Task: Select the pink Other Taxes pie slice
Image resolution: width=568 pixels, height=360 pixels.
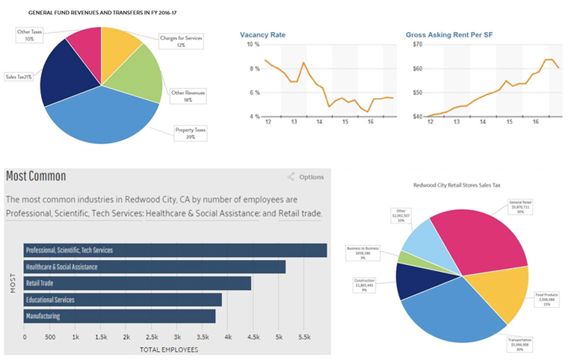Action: [x=81, y=49]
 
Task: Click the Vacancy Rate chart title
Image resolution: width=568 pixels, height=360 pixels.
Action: [x=262, y=35]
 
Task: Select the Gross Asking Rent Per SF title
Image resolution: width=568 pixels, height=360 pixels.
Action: [x=448, y=35]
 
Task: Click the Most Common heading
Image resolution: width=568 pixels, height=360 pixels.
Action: [x=36, y=176]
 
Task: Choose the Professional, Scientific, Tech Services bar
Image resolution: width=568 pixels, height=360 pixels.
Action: [x=176, y=250]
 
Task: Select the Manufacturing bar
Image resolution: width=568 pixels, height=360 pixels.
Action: [x=120, y=316]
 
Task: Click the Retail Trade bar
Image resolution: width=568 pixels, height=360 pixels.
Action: [x=138, y=283]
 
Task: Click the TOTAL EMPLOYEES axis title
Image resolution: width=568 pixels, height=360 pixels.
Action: [x=168, y=349]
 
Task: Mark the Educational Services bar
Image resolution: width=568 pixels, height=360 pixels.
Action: [x=123, y=300]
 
